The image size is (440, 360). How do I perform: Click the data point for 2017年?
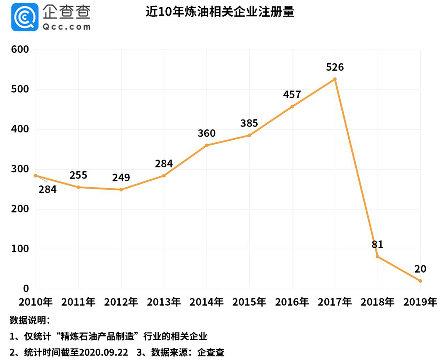pos(335,79)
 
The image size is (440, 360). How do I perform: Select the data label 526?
pos(335,67)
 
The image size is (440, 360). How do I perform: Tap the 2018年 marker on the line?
pos(377,256)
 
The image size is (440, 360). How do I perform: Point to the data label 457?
pos(292,95)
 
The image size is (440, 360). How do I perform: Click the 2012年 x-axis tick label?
pos(121,302)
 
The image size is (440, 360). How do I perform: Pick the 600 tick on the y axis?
pos(20,49)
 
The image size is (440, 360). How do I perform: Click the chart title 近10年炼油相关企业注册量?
pos(220,12)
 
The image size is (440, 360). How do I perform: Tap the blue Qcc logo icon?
pos(25,17)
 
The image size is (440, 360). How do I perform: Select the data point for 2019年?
pos(420,281)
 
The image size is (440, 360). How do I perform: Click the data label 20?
pos(420,269)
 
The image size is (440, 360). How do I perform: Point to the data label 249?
pos(121,178)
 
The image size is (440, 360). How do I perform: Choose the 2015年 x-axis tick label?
pos(249,302)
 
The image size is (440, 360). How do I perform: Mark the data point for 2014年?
pos(207,145)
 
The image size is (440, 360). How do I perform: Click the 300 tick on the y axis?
pos(20,169)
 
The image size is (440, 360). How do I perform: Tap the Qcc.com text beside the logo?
pos(66,27)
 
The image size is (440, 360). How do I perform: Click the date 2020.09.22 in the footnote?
pos(103,352)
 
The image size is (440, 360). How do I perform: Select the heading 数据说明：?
pos(30,320)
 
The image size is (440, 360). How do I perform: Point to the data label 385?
pos(249,123)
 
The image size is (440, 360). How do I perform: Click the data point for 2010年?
pos(36,175)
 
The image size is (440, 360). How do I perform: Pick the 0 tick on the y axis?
pos(26,288)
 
